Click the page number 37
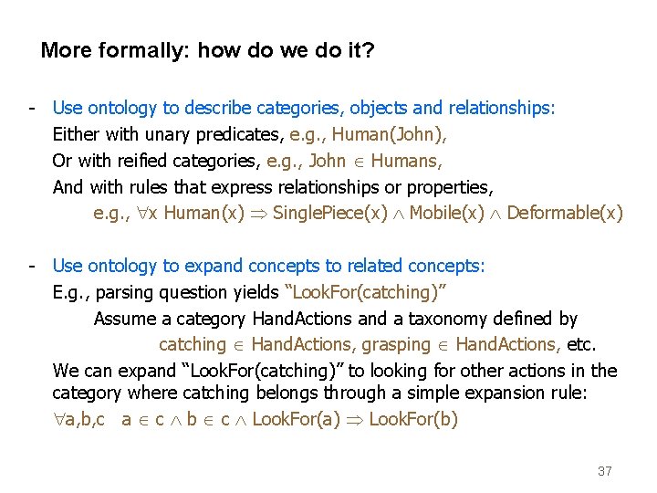click(604, 471)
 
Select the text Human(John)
click(390, 134)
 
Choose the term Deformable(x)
click(565, 214)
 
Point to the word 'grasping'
click(395, 344)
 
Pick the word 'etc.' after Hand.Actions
click(581, 344)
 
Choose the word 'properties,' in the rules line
click(446, 187)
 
